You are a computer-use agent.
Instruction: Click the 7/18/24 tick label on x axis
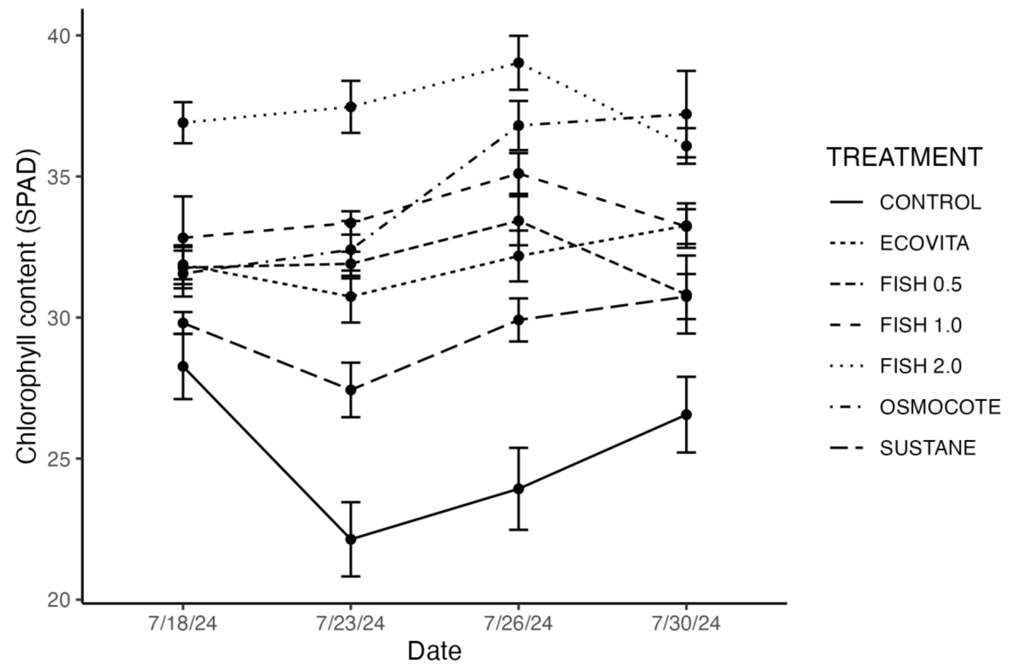(183, 624)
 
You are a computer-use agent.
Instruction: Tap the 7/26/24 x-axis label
(518, 624)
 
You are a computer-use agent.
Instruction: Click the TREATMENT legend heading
(905, 157)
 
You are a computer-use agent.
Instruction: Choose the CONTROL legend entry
(930, 202)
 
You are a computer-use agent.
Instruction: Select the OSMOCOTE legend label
(940, 407)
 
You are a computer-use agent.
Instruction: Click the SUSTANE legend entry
(928, 448)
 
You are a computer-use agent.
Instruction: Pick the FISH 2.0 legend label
(921, 366)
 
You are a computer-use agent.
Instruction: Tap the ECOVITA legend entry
(924, 243)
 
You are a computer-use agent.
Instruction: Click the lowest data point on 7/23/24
(351, 539)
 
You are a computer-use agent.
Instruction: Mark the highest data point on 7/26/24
(518, 63)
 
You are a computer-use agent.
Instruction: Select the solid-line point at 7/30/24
(686, 415)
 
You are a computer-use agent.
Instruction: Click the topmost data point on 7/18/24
(183, 123)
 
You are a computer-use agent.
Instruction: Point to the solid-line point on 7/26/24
(518, 489)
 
